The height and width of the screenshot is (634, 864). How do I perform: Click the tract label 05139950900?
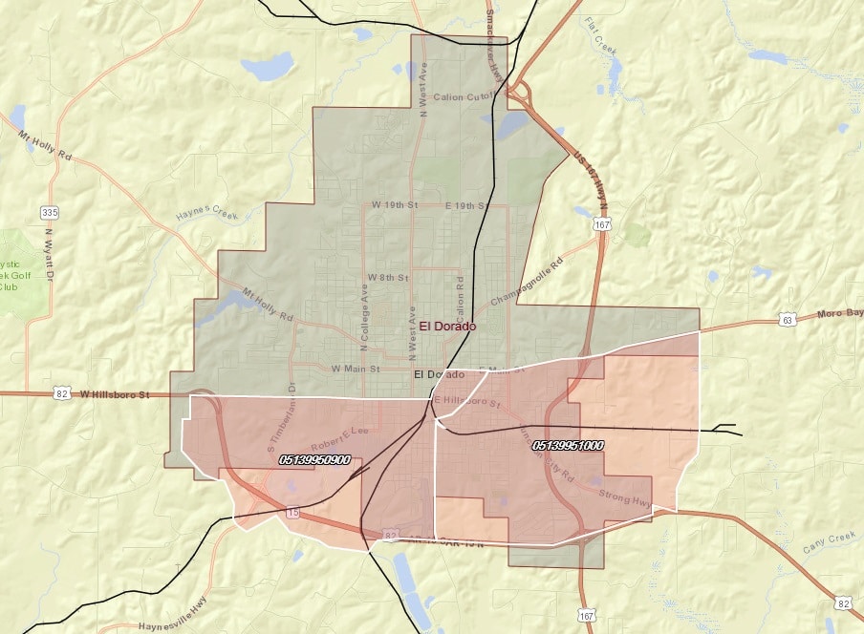(314, 460)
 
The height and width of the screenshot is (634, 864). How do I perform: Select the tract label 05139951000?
(568, 445)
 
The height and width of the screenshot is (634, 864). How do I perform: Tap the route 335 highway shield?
(49, 211)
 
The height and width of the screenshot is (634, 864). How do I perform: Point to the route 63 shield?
(787, 319)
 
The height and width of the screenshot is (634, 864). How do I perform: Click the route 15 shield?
(292, 514)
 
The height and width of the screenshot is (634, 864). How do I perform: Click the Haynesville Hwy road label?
(173, 626)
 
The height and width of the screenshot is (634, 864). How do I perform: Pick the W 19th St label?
(393, 205)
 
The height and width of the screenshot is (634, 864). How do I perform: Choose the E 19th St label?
(467, 205)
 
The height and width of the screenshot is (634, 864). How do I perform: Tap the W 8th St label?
(388, 277)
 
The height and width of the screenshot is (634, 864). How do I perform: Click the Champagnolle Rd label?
(528, 284)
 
